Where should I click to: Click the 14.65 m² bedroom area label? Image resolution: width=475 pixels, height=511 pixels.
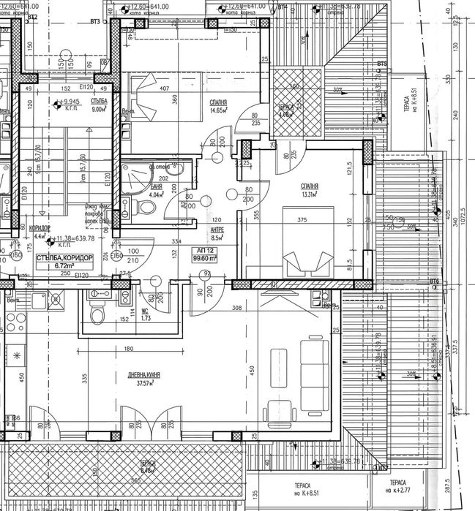click(217, 107)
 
